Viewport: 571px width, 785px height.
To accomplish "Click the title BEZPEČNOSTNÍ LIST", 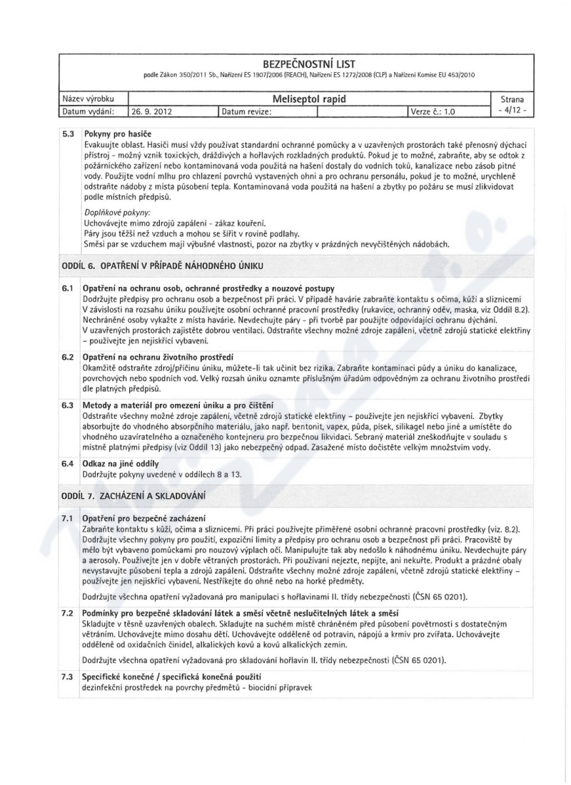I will pos(285,63).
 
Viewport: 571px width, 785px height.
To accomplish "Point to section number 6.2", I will pos(67,355).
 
